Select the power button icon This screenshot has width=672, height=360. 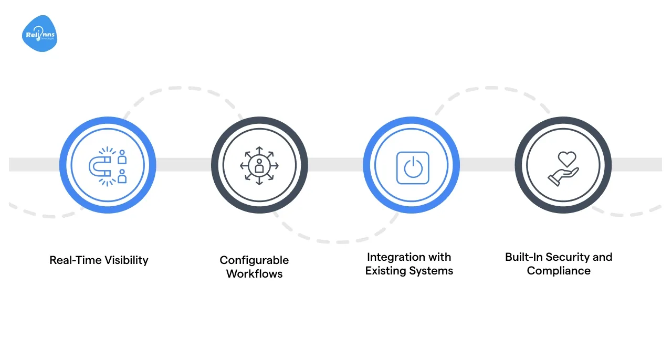[412, 168]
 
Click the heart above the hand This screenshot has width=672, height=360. [567, 158]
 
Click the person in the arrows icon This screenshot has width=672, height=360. [259, 166]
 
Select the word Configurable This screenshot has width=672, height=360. [254, 260]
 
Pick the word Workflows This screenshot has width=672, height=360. [254, 273]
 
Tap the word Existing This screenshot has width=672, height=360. [386, 271]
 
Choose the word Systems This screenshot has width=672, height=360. [433, 271]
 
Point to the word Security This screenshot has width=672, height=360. [566, 257]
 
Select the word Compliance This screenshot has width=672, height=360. [559, 271]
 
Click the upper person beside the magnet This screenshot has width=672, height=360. [122, 156]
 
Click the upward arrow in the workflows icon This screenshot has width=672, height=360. [259, 151]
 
